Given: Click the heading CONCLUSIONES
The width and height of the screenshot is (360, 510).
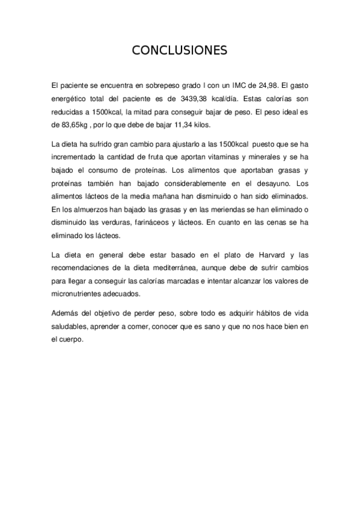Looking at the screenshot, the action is pos(180,51).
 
